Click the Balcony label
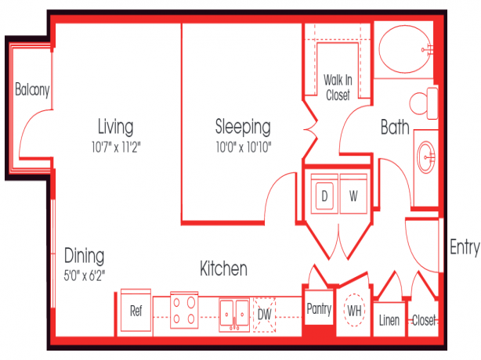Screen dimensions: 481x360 pyautogui.click(x=32, y=90)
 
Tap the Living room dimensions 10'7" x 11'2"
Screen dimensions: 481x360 pyautogui.click(x=116, y=147)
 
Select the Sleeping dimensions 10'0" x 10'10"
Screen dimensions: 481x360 pyautogui.click(x=244, y=147)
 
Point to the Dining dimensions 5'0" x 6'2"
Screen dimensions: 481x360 pyautogui.click(x=85, y=275)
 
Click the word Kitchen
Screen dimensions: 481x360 pyautogui.click(x=223, y=268)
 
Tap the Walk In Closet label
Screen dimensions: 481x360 pyautogui.click(x=338, y=88)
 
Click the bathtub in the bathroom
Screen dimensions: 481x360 pyautogui.click(x=405, y=49)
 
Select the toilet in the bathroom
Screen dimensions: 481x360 pyautogui.click(x=424, y=103)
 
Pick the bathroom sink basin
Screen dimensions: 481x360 pyautogui.click(x=426, y=157)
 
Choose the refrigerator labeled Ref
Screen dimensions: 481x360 pyautogui.click(x=136, y=311)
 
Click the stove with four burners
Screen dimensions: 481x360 pyautogui.click(x=184, y=310)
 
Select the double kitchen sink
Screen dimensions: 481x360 pyautogui.click(x=234, y=315)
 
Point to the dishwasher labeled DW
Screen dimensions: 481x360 pyautogui.click(x=265, y=315)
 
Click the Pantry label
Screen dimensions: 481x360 pyautogui.click(x=319, y=308)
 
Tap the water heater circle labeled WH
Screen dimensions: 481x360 pyautogui.click(x=354, y=311)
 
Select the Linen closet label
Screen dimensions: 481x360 pyautogui.click(x=389, y=320)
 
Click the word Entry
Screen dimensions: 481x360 pyautogui.click(x=465, y=247)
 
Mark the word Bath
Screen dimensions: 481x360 pyautogui.click(x=395, y=127)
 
